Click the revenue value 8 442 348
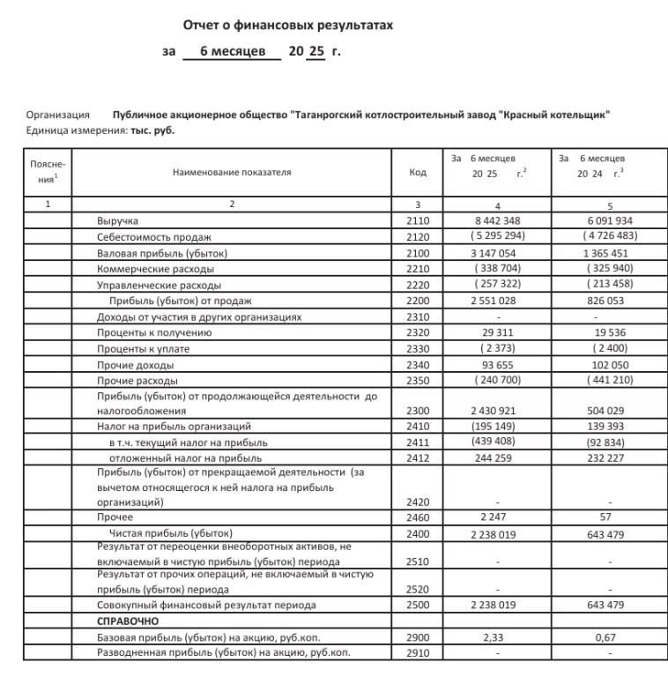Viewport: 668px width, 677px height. [499, 220]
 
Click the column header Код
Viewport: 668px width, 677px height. [419, 173]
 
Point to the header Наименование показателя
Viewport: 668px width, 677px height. [232, 173]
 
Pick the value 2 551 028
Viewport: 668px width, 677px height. [499, 301]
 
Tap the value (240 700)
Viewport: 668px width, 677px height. [499, 381]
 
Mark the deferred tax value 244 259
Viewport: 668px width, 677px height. [499, 458]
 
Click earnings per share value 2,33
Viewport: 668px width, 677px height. [499, 636]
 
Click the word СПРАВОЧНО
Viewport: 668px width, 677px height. [127, 621]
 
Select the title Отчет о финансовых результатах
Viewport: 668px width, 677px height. [287, 26]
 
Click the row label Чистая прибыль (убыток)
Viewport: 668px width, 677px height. [170, 533]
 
